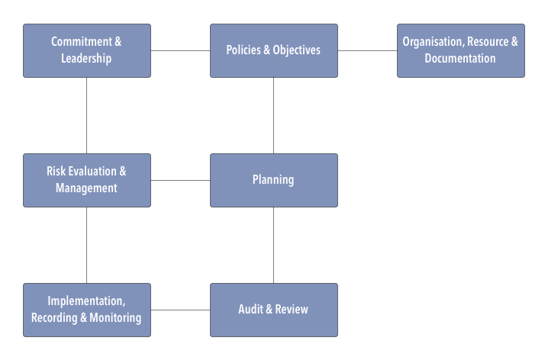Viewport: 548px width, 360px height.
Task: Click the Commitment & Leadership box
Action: click(x=87, y=50)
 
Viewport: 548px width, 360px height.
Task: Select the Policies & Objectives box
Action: click(x=274, y=50)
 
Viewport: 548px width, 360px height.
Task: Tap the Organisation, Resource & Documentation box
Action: click(x=461, y=50)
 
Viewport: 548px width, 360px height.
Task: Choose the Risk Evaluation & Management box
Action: click(x=87, y=180)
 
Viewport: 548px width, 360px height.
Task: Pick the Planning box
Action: click(x=274, y=180)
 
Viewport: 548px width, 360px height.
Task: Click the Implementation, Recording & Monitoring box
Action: click(x=87, y=310)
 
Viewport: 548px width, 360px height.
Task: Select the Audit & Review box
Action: click(x=274, y=310)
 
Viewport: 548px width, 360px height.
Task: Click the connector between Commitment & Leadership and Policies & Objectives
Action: click(x=180, y=50)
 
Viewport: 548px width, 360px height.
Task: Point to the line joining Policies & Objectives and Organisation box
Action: click(x=367, y=50)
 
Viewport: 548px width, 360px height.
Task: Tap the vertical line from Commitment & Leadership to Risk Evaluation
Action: click(x=87, y=116)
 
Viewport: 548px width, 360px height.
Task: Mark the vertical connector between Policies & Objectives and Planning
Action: click(x=274, y=116)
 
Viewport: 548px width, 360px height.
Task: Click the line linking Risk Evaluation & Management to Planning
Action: click(x=180, y=181)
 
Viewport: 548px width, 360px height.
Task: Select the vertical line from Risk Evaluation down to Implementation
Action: click(x=87, y=245)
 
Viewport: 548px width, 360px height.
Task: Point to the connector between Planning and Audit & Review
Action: click(x=274, y=245)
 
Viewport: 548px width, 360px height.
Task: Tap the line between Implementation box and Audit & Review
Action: click(x=180, y=310)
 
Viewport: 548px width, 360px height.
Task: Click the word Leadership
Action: click(x=86, y=58)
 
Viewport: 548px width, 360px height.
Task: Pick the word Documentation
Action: click(x=460, y=58)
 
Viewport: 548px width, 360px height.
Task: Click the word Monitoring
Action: click(x=115, y=318)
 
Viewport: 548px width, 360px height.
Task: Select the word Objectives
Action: click(x=297, y=50)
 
